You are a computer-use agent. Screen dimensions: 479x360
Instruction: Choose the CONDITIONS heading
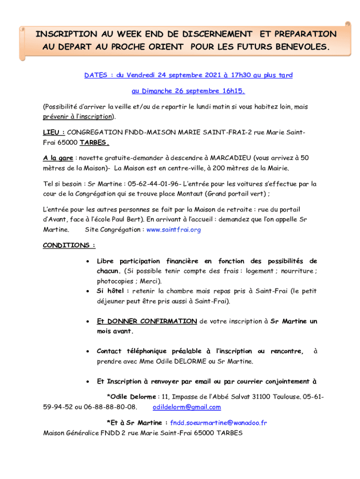69,245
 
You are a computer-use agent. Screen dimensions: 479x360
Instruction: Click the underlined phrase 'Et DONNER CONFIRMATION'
146,321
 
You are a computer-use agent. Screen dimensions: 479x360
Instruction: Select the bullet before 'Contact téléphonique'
89,351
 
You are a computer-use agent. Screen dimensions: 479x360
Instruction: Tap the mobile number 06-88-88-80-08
110,407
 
